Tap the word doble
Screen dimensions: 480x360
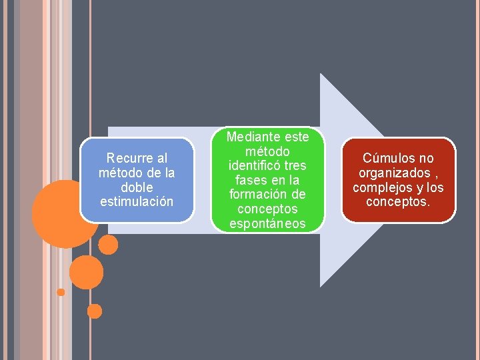(137, 187)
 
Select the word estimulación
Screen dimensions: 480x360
(137, 201)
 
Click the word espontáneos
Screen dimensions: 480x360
(267, 224)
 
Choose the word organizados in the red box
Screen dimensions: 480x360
(391, 173)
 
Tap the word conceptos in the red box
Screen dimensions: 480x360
(399, 201)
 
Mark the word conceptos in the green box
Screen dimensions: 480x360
(267, 209)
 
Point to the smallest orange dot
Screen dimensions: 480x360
(61, 292)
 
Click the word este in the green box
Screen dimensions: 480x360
(297, 137)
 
